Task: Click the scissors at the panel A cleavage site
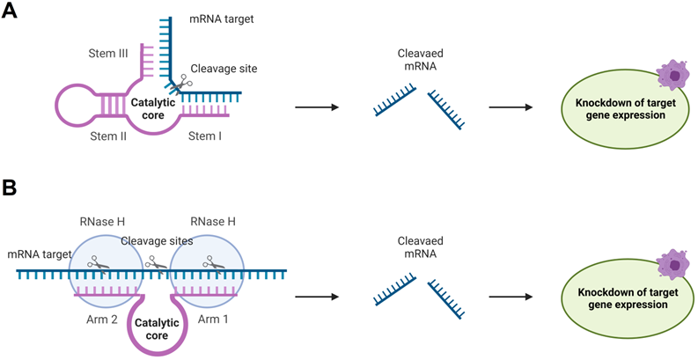[181, 84]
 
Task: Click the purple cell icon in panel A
[673, 77]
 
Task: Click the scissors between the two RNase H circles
[157, 261]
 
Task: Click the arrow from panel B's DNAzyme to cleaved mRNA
[316, 298]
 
